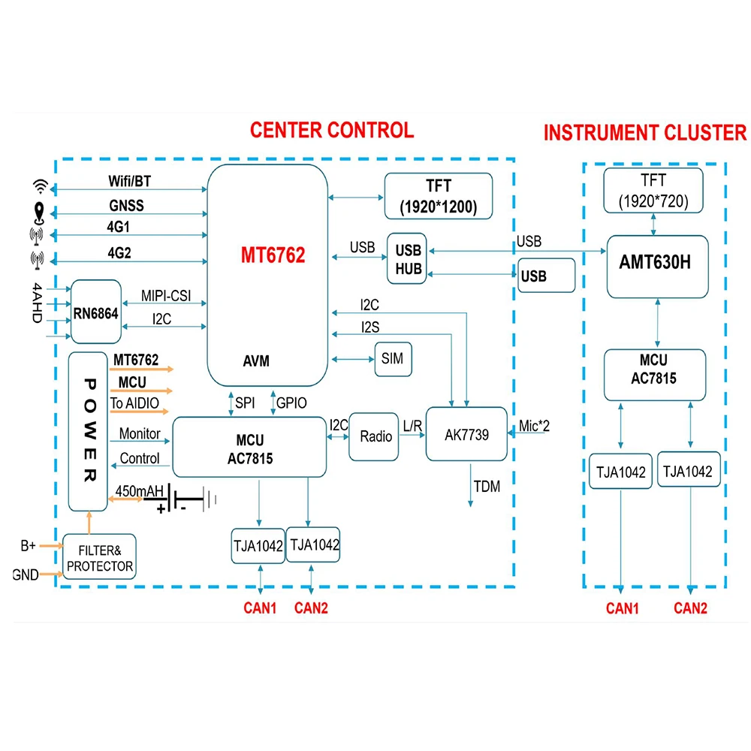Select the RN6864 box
pyautogui.click(x=96, y=314)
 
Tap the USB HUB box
pyautogui.click(x=406, y=258)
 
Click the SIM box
pyautogui.click(x=393, y=359)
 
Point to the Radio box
pyautogui.click(x=375, y=436)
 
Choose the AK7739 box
pyautogui.click(x=466, y=435)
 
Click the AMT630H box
pyautogui.click(x=656, y=265)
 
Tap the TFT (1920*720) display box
pyautogui.click(x=653, y=189)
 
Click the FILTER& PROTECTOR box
pyautogui.click(x=100, y=556)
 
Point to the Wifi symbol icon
pyautogui.click(x=40, y=186)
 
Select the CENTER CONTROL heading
pyautogui.click(x=331, y=130)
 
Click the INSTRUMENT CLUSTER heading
pyautogui.click(x=645, y=133)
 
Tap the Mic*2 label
pyautogui.click(x=534, y=427)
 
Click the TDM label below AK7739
pyautogui.click(x=486, y=486)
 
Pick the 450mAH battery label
pyautogui.click(x=140, y=491)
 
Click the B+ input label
pyautogui.click(x=28, y=545)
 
